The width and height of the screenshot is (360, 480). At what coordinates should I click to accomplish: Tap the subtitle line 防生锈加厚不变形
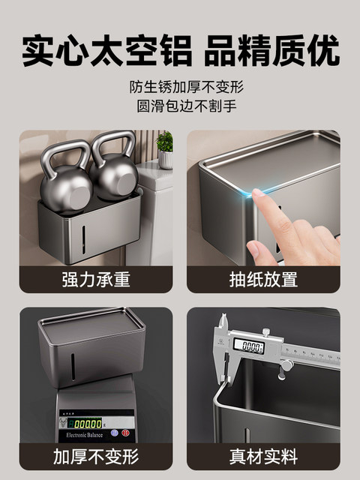(x=180, y=86)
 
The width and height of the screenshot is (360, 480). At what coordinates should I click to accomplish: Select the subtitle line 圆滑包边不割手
(x=180, y=105)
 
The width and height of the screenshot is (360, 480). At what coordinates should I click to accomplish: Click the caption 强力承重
(x=96, y=280)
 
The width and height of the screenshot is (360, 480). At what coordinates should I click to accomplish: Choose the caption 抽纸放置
(x=263, y=280)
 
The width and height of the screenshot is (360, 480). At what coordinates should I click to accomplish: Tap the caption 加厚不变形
(x=96, y=456)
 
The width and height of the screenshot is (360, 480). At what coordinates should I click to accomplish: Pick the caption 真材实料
(x=263, y=456)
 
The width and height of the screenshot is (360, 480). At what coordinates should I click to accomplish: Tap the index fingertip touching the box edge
(x=257, y=196)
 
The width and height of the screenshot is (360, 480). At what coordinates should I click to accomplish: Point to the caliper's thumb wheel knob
(x=286, y=365)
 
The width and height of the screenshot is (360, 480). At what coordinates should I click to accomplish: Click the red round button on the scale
(x=113, y=433)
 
